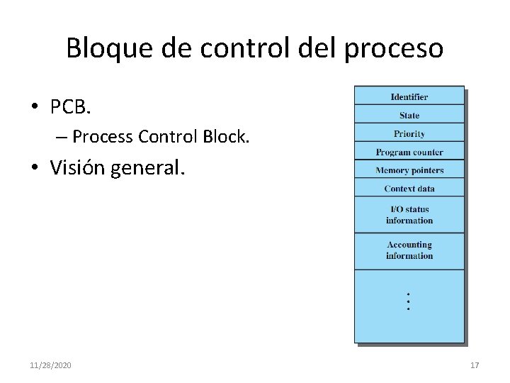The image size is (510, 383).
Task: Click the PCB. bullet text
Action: [x=71, y=107]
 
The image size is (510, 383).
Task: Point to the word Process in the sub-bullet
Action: [x=103, y=135]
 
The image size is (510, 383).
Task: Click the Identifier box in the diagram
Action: [x=409, y=96]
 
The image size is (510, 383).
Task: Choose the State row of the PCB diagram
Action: [x=409, y=115]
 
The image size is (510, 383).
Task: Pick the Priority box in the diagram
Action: [x=409, y=133]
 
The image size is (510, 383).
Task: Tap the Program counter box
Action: [x=409, y=152]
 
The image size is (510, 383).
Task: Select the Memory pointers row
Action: [x=409, y=170]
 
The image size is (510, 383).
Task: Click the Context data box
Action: [x=409, y=189]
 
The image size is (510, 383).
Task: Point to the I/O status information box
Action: [x=409, y=214]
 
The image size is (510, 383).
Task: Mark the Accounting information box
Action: [x=409, y=250]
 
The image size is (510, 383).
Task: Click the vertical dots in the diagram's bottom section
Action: [x=409, y=301]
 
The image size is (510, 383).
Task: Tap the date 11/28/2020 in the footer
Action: [x=50, y=365]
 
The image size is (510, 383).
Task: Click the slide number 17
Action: [x=475, y=365]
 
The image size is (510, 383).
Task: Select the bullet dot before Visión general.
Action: [x=35, y=168]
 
